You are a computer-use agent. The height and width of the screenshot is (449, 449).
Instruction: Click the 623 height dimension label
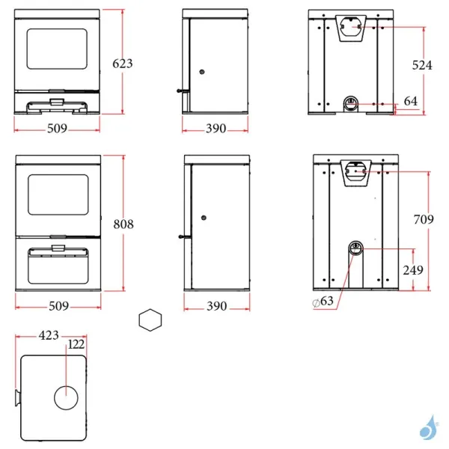point(123,64)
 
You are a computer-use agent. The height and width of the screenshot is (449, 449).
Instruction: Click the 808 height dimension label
point(123,223)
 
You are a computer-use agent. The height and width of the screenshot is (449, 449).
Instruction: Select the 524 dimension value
point(423,65)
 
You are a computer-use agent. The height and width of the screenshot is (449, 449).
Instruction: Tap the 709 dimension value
point(423,220)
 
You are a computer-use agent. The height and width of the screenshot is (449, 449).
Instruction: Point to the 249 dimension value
point(413,270)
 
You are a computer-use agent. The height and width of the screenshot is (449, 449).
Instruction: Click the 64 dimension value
point(411,101)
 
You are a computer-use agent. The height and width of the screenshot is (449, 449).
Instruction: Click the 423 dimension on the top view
point(50,336)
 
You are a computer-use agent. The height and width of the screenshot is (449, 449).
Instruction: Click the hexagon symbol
point(150,320)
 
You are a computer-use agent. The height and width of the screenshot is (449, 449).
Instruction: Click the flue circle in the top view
point(65,397)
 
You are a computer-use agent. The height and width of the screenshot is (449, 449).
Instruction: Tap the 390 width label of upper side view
point(216,129)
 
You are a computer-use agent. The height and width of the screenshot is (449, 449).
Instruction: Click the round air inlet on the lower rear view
point(356,248)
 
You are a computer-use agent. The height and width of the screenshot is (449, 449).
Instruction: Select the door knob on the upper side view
point(203,72)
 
